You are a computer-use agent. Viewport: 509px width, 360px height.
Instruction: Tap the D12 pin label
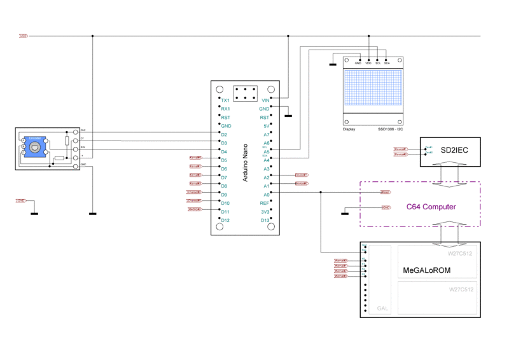[x=225, y=220]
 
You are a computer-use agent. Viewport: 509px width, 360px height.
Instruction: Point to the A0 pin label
[x=267, y=194]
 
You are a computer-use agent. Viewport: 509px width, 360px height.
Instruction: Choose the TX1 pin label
[x=225, y=100]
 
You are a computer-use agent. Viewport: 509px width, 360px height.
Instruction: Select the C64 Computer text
[x=431, y=207]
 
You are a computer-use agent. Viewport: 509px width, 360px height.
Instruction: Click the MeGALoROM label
[x=428, y=271]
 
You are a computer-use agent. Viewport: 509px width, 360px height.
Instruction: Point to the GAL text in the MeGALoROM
[x=382, y=308]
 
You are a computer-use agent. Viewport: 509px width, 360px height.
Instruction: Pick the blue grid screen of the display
[x=373, y=92]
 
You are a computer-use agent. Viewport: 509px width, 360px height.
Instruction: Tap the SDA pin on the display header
[x=387, y=63]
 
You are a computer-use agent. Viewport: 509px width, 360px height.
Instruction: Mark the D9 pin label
[x=224, y=194]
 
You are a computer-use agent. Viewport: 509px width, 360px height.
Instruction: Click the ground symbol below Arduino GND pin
[x=288, y=116]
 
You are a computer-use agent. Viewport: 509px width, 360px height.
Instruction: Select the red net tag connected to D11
[x=195, y=209]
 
